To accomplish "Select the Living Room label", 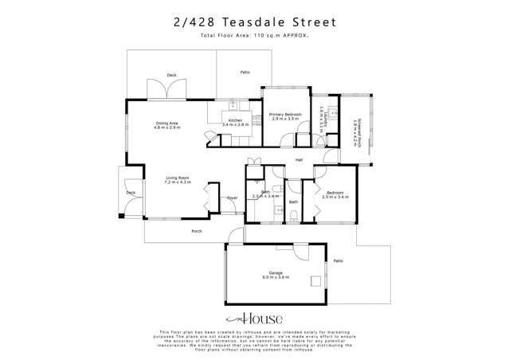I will point(178,178).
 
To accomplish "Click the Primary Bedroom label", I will point(285,115).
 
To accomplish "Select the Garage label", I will point(276,273).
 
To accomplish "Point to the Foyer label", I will point(232,198).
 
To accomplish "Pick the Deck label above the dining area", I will point(171,75).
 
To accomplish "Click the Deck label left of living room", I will point(131,193).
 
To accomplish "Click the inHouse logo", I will point(254,318).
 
